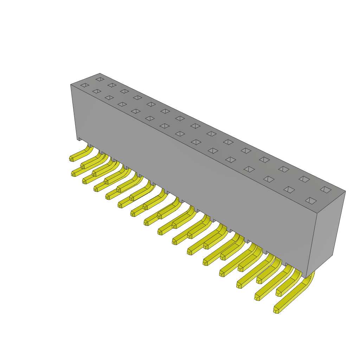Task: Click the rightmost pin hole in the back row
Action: [326, 190]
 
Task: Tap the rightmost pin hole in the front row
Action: [311, 201]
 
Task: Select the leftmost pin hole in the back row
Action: [100, 79]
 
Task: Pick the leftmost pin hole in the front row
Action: [85, 85]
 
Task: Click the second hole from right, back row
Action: [304, 179]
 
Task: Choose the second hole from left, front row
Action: [97, 91]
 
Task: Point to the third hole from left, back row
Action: [124, 91]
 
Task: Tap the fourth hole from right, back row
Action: [264, 160]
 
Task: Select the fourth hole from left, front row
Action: [122, 104]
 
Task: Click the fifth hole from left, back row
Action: [151, 104]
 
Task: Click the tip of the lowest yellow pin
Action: [276, 310]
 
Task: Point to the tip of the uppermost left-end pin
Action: [71, 159]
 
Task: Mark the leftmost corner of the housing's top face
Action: [71, 85]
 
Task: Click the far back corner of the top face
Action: [100, 73]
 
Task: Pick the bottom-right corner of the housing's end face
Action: [332, 255]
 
